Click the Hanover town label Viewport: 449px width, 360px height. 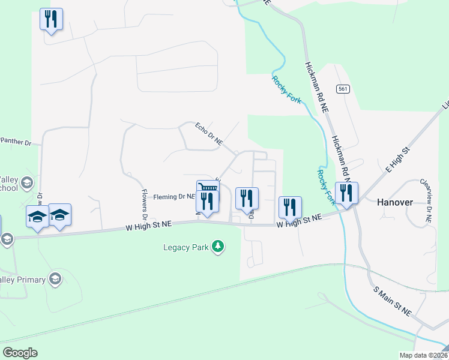(x=394, y=202)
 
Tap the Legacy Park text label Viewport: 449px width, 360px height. (x=185, y=247)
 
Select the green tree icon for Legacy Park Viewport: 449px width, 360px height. (x=219, y=247)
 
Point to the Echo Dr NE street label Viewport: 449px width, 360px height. (x=209, y=134)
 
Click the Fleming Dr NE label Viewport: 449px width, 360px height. (x=174, y=196)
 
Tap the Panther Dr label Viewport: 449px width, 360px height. (x=15, y=142)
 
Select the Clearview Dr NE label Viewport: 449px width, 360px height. (x=426, y=200)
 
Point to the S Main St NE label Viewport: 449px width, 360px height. (x=393, y=301)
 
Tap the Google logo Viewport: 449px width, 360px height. (x=20, y=352)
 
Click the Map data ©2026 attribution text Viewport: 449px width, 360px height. (x=423, y=355)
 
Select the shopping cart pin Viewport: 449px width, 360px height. (x=208, y=189)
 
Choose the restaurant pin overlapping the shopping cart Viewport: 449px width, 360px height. (x=208, y=203)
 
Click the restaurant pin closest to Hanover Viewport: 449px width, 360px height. (x=346, y=193)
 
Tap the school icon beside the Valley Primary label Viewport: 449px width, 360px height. (x=55, y=278)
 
